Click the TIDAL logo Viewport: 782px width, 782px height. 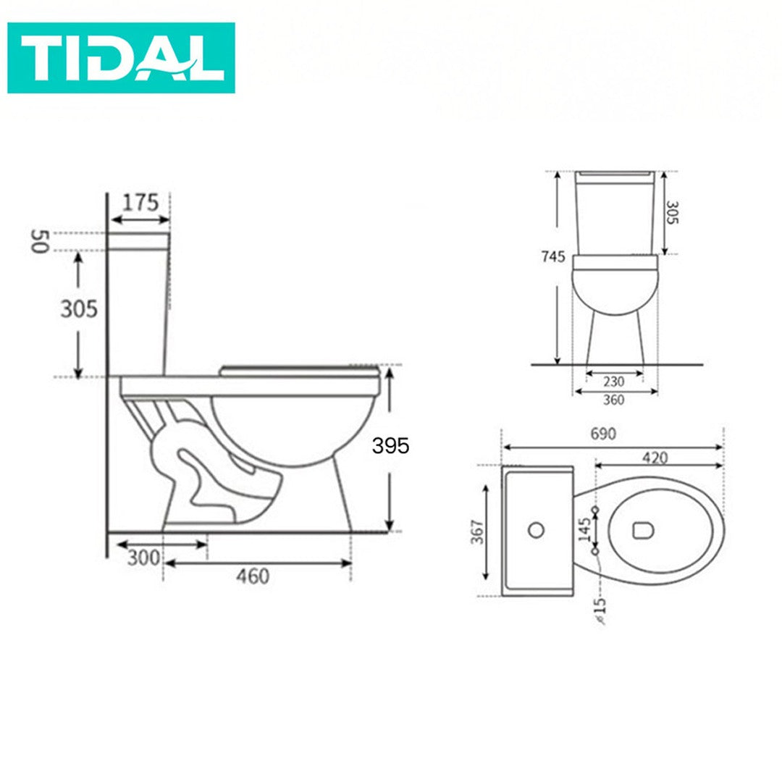click(x=121, y=58)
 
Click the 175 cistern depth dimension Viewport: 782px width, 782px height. click(x=140, y=203)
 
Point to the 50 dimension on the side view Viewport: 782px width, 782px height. click(x=39, y=241)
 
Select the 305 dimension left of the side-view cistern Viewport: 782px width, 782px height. click(x=78, y=309)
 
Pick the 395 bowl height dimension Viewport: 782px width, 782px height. click(x=390, y=446)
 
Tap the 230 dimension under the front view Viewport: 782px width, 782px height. click(x=614, y=382)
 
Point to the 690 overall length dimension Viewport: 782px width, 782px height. click(x=602, y=434)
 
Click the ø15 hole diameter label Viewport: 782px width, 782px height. click(x=600, y=610)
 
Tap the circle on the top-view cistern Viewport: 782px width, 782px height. click(x=536, y=530)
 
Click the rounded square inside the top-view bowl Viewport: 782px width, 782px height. click(x=642, y=531)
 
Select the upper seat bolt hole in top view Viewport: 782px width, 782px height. click(x=596, y=511)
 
